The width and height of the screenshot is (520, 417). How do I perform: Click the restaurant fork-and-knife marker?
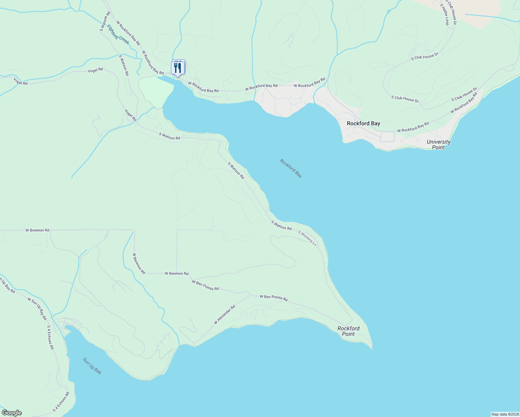[x=178, y=67]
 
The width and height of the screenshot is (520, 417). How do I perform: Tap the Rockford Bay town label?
[x=363, y=123]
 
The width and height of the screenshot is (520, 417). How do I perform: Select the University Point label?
[x=438, y=145]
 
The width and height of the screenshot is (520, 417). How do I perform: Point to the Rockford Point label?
[x=348, y=331]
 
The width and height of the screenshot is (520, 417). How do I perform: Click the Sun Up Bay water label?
[x=92, y=366]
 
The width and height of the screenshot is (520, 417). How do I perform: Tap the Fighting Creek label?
[x=118, y=35]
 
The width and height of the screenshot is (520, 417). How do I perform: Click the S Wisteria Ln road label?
[x=307, y=238]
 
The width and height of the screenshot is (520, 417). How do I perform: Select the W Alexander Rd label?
[x=224, y=315]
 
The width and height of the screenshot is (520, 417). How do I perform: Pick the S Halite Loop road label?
[x=445, y=15]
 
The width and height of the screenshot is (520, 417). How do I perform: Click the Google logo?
[x=11, y=413]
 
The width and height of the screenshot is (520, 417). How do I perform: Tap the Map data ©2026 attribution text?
[x=504, y=414]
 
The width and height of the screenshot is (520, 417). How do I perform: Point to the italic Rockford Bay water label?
[x=291, y=168]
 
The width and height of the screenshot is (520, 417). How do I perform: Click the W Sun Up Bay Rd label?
[x=37, y=309]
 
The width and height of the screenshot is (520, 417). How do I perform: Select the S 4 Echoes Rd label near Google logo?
[x=61, y=402]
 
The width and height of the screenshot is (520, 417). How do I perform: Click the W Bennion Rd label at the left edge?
[x=37, y=230]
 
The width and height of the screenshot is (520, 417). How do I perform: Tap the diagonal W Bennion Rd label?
[x=139, y=264]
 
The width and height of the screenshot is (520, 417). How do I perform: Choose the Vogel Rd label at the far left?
[x=21, y=81]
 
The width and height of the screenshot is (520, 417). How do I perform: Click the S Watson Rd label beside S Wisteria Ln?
[x=281, y=226]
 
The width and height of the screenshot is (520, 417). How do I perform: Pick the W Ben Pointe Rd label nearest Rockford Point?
[x=274, y=298]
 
